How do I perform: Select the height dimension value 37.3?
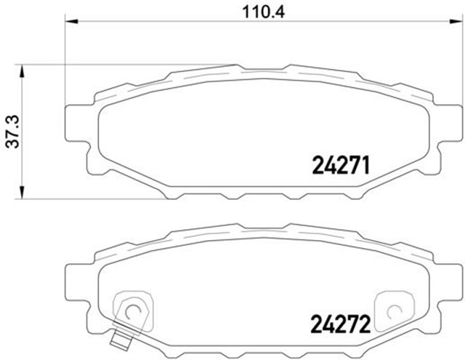(11, 131)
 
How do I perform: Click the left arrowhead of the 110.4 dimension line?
(70, 23)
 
